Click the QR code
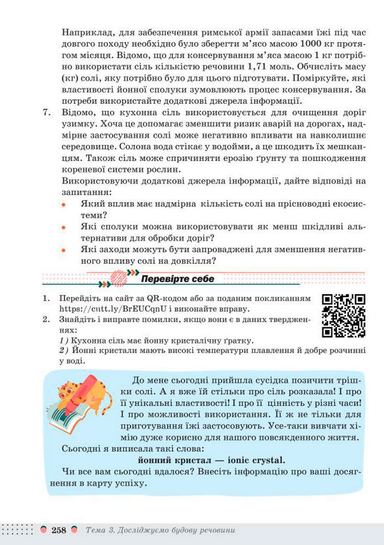point(343,316)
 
